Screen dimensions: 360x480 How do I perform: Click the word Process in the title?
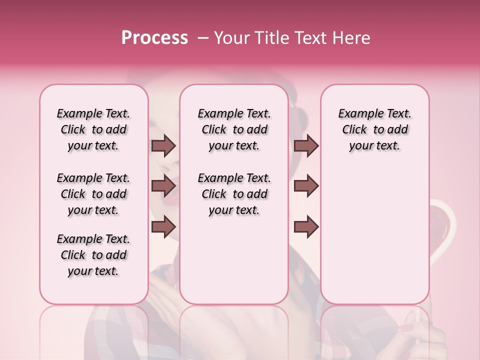(x=154, y=38)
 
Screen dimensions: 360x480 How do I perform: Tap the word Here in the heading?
(x=352, y=38)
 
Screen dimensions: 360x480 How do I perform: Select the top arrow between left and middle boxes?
(x=163, y=146)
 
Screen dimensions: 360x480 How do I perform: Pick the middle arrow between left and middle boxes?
(x=163, y=186)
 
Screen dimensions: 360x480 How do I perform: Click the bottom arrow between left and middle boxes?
(x=163, y=227)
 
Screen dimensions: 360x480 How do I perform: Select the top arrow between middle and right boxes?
(x=306, y=146)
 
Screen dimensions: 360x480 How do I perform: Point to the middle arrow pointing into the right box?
(x=306, y=186)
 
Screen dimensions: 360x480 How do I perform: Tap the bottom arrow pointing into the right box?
(x=306, y=227)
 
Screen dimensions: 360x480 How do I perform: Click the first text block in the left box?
(x=93, y=129)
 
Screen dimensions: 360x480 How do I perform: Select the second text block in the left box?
(x=93, y=194)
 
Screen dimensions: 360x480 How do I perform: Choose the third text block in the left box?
(x=93, y=255)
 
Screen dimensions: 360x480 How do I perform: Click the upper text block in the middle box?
(x=234, y=129)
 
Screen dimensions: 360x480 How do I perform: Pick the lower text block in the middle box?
(x=234, y=194)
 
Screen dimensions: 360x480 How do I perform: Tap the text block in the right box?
(x=374, y=129)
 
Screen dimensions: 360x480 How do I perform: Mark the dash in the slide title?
(x=203, y=38)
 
